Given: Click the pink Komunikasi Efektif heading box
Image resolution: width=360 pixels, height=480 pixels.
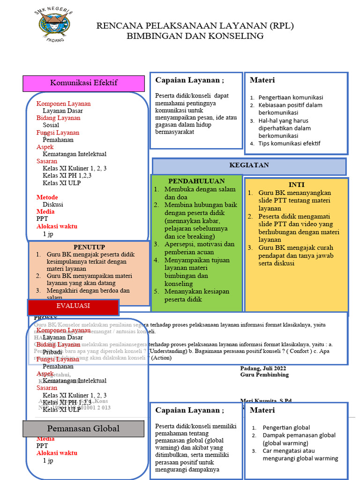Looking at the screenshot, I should pyautogui.click(x=84, y=83).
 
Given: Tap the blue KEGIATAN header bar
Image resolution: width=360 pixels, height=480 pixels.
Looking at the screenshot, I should pyautogui.click(x=249, y=166).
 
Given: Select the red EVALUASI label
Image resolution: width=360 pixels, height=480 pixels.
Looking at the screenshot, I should pyautogui.click(x=73, y=306).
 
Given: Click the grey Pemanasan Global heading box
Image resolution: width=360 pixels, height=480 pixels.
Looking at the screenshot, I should pyautogui.click(x=83, y=428).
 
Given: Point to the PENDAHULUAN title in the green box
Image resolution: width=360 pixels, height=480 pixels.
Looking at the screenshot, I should pyautogui.click(x=196, y=181).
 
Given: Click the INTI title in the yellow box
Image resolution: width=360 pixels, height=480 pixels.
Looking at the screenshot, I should pyautogui.click(x=296, y=185).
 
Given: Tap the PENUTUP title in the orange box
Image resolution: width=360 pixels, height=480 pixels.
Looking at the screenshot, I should pyautogui.click(x=89, y=247).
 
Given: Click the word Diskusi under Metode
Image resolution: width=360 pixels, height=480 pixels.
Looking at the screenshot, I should pyautogui.click(x=52, y=204).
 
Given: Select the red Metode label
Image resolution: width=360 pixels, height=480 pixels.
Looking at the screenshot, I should pyautogui.click(x=47, y=197).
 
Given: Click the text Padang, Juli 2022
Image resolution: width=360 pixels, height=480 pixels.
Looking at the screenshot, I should pyautogui.click(x=263, y=368).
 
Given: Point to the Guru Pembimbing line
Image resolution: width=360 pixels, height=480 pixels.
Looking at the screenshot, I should pyautogui.click(x=264, y=375).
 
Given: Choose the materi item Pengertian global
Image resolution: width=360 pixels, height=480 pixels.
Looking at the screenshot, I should pyautogui.click(x=286, y=427).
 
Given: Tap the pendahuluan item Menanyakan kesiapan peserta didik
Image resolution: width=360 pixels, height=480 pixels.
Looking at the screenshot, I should pyautogui.click(x=196, y=295).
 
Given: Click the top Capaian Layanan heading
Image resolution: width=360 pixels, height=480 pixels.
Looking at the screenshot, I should pyautogui.click(x=189, y=80).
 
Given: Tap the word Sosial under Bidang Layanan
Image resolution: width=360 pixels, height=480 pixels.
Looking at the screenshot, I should pyautogui.click(x=51, y=125).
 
